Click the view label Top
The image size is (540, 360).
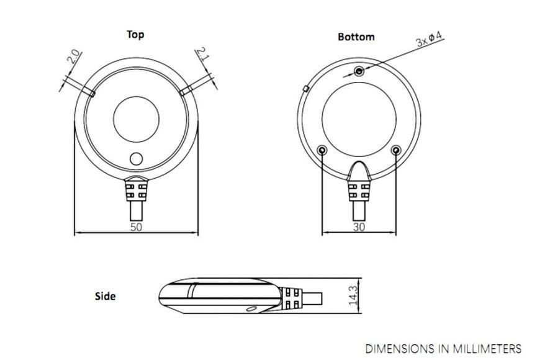click(135, 35)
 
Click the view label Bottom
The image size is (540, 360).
click(356, 37)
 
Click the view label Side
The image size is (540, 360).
click(105, 296)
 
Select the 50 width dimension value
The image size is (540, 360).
click(137, 227)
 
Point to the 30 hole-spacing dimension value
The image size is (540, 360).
click(359, 227)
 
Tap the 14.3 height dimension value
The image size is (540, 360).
click(353, 295)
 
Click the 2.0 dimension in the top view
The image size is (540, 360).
click(73, 57)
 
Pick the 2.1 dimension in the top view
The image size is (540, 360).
click(202, 54)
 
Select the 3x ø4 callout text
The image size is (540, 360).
click(429, 39)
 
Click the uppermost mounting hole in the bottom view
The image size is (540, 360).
click(359, 71)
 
